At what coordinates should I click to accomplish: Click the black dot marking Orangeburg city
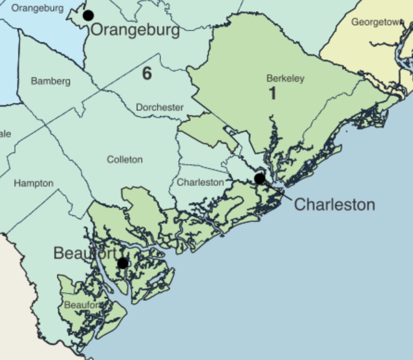(x=88, y=15)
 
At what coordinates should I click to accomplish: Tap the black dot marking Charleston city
(x=260, y=179)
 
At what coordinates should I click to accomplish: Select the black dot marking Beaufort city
(x=123, y=263)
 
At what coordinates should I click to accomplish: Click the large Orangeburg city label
(x=135, y=30)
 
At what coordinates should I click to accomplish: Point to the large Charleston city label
(x=334, y=205)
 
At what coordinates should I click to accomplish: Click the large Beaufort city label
(x=86, y=253)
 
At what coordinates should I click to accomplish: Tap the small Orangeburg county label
(x=37, y=8)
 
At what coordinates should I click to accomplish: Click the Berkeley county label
(x=285, y=78)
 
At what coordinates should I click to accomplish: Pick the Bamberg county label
(x=50, y=81)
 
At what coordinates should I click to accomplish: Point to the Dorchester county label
(x=160, y=107)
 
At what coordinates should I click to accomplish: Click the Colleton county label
(x=125, y=159)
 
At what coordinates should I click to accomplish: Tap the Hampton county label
(x=34, y=183)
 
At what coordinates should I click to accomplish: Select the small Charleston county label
(x=200, y=182)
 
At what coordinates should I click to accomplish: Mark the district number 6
(x=147, y=74)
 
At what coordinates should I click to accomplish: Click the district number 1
(x=272, y=93)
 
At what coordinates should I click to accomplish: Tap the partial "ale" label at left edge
(x=5, y=134)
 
